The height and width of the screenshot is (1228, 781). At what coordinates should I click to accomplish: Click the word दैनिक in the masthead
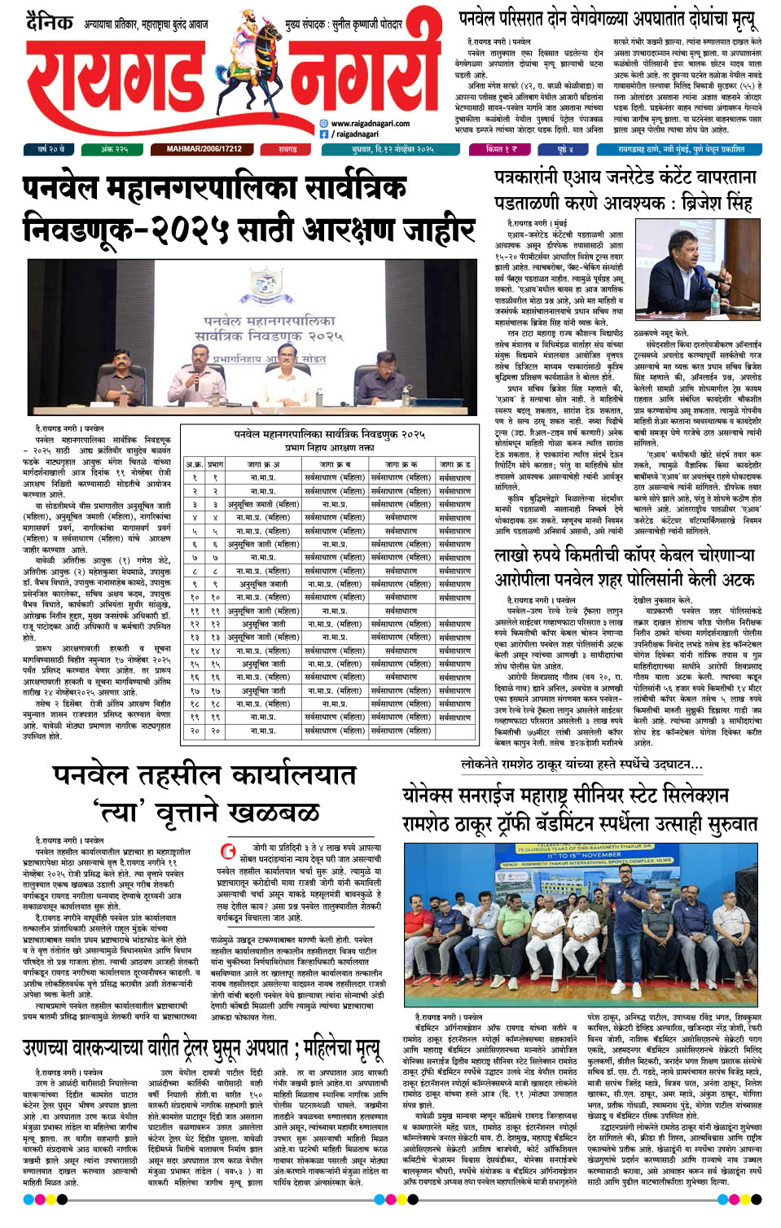pos(49,22)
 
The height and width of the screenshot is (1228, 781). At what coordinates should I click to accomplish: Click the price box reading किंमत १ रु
pos(500,150)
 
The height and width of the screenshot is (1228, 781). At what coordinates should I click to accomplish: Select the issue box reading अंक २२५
pos(114,150)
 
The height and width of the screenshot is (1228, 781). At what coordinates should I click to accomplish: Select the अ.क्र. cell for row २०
pos(194,730)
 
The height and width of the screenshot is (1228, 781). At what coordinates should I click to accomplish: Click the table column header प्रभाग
pos(215,464)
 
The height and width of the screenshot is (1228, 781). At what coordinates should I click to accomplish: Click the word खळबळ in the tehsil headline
pos(273,811)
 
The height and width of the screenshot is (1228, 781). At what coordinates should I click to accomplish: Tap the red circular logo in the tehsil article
pos(230,852)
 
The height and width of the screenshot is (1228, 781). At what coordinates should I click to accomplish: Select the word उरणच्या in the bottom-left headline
pos(54,1048)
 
